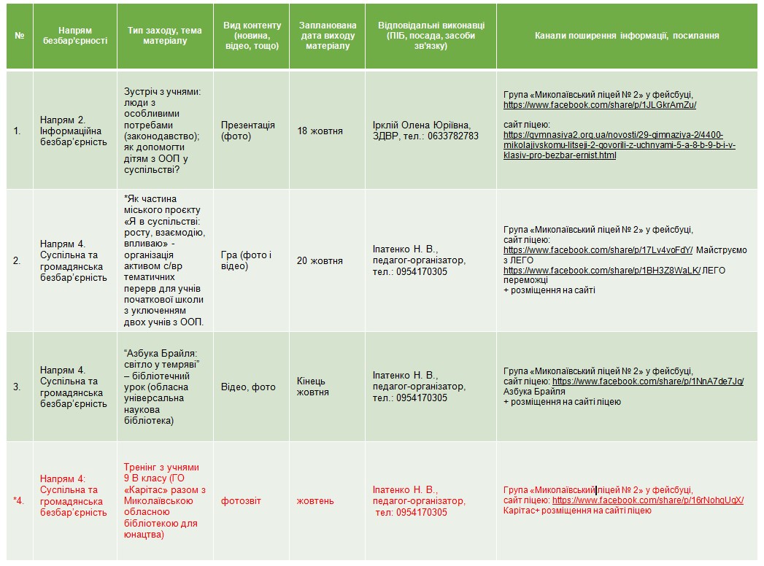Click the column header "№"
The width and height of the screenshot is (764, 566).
tap(20, 36)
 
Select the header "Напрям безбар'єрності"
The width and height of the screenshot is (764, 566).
tap(75, 36)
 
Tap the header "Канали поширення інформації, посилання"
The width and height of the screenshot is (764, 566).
tap(627, 36)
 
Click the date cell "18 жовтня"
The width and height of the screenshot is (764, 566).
tap(320, 131)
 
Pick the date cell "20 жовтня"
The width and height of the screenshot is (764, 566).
tap(320, 261)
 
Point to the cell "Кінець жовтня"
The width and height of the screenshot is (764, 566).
tap(312, 387)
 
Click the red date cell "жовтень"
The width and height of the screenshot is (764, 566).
tap(315, 501)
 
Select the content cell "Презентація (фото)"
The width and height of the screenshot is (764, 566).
tap(248, 131)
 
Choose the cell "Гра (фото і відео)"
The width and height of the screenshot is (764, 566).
tap(246, 261)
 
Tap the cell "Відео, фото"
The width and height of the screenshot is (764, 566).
tap(248, 387)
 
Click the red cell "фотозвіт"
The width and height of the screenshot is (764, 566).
tap(241, 501)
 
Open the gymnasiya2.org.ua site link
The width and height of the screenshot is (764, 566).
tap(620, 145)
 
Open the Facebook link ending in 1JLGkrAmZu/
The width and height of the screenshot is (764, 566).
tap(600, 105)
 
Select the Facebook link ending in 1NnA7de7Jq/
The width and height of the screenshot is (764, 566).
tap(648, 381)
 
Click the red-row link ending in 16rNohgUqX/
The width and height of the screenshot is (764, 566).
tap(648, 501)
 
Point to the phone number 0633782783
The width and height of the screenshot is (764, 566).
tap(452, 136)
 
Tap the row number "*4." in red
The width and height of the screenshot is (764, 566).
tap(19, 501)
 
